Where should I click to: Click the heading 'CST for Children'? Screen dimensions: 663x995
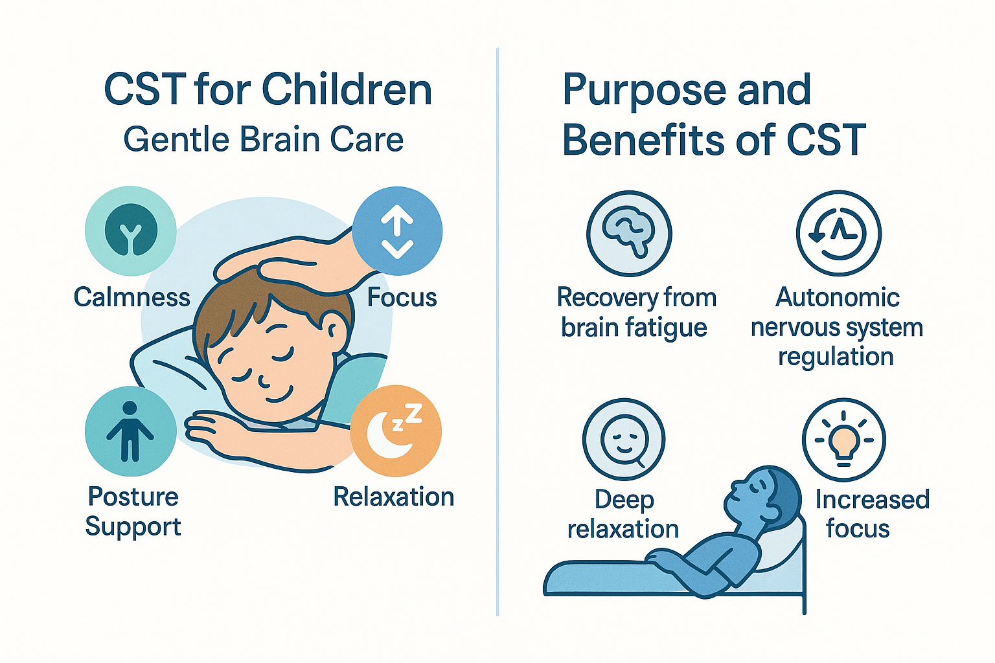[268, 89]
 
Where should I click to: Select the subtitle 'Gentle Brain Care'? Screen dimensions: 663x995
[264, 139]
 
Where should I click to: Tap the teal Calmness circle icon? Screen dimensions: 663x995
[131, 231]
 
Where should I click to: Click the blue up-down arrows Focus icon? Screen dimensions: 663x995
[397, 232]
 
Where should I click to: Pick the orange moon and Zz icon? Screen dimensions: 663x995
[396, 431]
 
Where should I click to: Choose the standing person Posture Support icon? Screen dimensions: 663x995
[130, 431]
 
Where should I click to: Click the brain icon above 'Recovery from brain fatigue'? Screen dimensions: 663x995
[629, 233]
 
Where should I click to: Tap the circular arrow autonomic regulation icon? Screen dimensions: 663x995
[838, 233]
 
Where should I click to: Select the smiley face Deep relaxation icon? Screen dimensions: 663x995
[624, 440]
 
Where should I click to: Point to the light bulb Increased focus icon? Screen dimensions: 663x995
[843, 440]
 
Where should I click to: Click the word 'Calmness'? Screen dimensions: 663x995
[132, 297]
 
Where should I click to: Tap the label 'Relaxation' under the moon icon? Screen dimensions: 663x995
[393, 497]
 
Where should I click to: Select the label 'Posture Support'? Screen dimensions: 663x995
[133, 511]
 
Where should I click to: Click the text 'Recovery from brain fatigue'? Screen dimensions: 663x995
[636, 313]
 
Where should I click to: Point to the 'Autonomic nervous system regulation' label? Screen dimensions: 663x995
[836, 327]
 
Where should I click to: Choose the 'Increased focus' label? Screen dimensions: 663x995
[871, 514]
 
